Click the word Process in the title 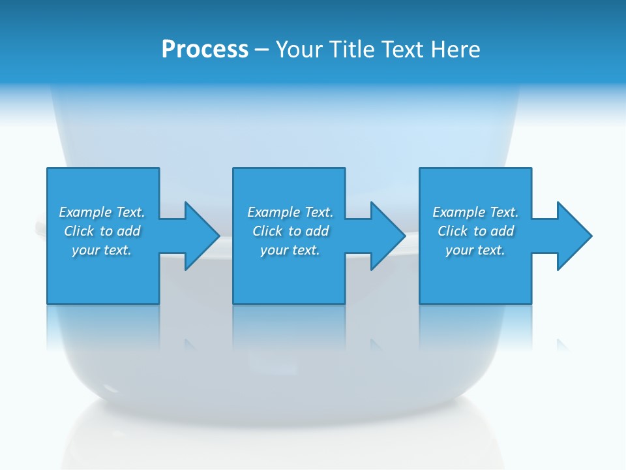tap(205, 50)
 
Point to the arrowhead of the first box tap(203, 236)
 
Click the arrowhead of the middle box tap(389, 236)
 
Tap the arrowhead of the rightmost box tap(574, 236)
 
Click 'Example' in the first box tap(85, 212)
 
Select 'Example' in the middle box tap(273, 212)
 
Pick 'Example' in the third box tap(458, 212)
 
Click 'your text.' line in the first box tap(102, 250)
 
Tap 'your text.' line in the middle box tap(290, 250)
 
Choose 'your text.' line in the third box tap(475, 250)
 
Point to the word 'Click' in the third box tap(453, 231)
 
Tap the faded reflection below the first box tap(103, 326)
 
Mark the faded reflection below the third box tap(475, 326)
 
